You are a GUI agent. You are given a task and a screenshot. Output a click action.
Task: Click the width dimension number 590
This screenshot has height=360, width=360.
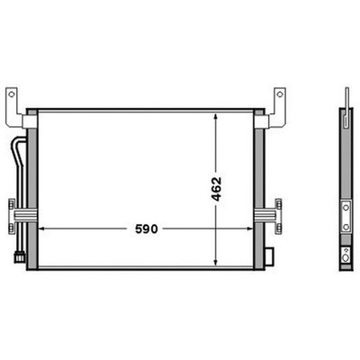pos(146,229)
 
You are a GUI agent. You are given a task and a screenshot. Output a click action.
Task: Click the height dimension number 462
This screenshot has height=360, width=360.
pos(216,189)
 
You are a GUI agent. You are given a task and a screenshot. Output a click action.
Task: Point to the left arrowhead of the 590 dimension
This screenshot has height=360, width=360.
pos(42,229)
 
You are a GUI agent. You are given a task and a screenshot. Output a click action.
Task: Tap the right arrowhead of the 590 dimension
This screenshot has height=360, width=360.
pos(249,229)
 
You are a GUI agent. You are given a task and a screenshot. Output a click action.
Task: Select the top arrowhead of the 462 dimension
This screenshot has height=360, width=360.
pos(216,117)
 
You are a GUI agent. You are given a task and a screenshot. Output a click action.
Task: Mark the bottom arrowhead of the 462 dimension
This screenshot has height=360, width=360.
pos(216,263)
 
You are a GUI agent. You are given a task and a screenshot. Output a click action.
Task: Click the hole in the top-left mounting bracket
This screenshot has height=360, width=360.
pos(12,94)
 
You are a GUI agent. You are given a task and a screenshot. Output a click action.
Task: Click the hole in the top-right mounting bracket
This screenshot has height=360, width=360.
pos(280,94)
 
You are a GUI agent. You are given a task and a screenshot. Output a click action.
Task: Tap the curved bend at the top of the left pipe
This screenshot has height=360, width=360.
pos(17,141)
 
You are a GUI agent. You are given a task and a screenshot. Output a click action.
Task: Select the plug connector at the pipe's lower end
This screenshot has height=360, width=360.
pos(20,257)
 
